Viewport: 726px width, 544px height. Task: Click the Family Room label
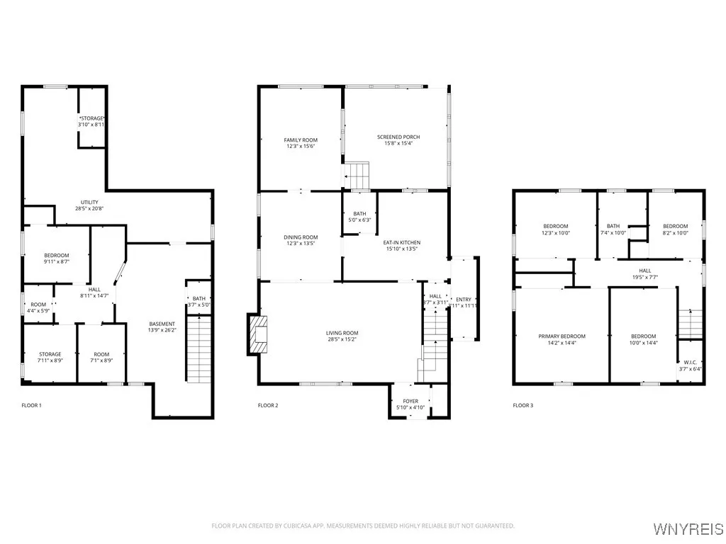point(301,140)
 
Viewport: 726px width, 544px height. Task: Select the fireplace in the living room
point(257,334)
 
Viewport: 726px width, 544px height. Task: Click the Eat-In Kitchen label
point(402,242)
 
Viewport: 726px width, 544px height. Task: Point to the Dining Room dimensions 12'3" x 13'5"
point(301,244)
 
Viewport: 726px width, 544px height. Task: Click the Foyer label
point(411,401)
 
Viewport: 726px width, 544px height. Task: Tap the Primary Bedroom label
point(562,336)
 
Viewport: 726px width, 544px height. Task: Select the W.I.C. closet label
point(691,362)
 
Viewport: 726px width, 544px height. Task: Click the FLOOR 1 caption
point(31,405)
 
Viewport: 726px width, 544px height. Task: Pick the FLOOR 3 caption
point(524,405)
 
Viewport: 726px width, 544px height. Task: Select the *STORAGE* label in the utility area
point(91,118)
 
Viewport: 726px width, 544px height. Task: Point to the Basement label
point(162,324)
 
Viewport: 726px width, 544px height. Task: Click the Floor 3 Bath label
point(613,226)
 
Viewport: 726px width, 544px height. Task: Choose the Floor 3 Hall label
point(644,270)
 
